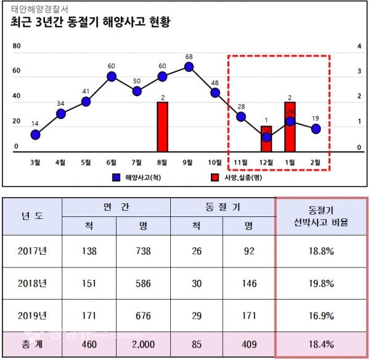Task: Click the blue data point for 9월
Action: [189, 67]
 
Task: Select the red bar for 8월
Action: [163, 126]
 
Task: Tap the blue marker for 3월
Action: [35, 134]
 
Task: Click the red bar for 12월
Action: [266, 139]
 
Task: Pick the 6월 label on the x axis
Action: [112, 163]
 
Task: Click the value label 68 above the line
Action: [189, 57]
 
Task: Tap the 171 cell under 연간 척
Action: [91, 316]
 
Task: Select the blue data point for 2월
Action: [316, 128]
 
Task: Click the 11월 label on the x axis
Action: [239, 163]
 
